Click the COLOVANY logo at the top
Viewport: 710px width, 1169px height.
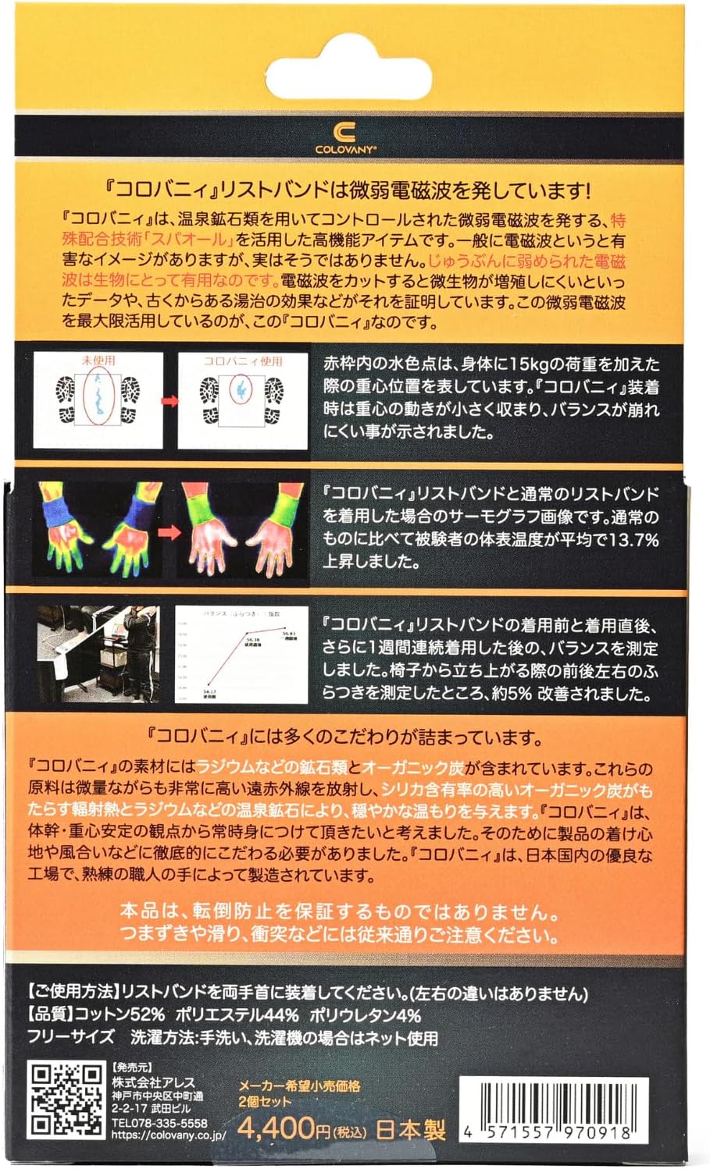[x=346, y=137]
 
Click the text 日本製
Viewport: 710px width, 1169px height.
[x=411, y=1129]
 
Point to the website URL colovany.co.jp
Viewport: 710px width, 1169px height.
[x=168, y=1135]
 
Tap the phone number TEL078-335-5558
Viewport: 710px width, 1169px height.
[x=159, y=1122]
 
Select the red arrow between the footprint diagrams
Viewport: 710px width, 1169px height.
[x=170, y=402]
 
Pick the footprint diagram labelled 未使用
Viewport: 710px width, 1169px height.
[x=98, y=400]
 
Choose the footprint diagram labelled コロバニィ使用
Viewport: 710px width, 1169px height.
[x=243, y=400]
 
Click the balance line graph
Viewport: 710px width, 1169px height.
[x=241, y=654]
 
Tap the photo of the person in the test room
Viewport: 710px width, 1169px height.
[x=98, y=654]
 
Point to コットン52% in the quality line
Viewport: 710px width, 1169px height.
[x=120, y=1015]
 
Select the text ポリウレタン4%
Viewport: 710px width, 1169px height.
[x=365, y=1015]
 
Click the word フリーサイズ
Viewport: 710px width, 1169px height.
[x=70, y=1038]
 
